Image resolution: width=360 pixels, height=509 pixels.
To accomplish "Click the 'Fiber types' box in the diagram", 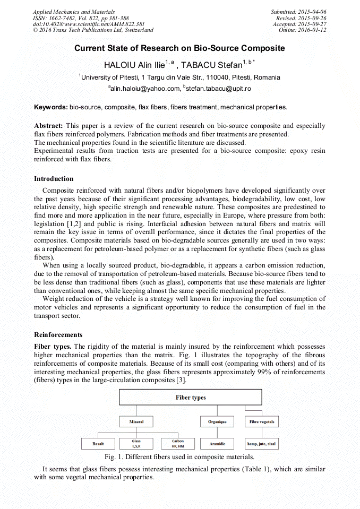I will tap(190, 398).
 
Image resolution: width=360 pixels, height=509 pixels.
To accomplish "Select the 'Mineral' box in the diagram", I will tap(136, 422).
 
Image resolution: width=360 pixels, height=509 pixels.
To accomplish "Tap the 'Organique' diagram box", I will tap(217, 422).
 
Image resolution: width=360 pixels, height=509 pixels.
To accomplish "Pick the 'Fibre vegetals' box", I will tap(262, 422).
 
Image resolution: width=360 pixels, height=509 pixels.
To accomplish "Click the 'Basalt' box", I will tap(98, 443).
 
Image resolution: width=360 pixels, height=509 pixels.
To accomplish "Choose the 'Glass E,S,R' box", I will tap(136, 443).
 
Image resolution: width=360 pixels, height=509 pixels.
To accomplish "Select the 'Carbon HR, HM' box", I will tap(177, 443).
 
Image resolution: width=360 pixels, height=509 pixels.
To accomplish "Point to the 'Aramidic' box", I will tap(217, 443).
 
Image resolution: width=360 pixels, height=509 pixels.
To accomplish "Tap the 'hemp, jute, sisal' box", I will tap(262, 443).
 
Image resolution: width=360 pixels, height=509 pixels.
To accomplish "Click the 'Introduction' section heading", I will tap(54, 179).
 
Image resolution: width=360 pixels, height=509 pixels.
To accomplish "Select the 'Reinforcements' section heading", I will tap(58, 335).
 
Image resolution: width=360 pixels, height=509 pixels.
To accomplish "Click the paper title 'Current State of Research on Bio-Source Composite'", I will tap(179, 48).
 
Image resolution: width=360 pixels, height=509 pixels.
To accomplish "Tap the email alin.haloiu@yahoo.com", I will tap(144, 89).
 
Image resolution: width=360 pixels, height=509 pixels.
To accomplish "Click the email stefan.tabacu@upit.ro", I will tap(217, 89).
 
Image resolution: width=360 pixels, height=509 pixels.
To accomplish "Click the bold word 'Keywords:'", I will tap(51, 107).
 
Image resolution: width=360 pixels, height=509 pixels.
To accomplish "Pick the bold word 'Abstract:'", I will tap(49, 126).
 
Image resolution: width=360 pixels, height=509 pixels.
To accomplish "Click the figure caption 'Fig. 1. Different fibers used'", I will tap(180, 457).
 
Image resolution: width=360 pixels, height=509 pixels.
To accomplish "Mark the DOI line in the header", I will tap(89, 24).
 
